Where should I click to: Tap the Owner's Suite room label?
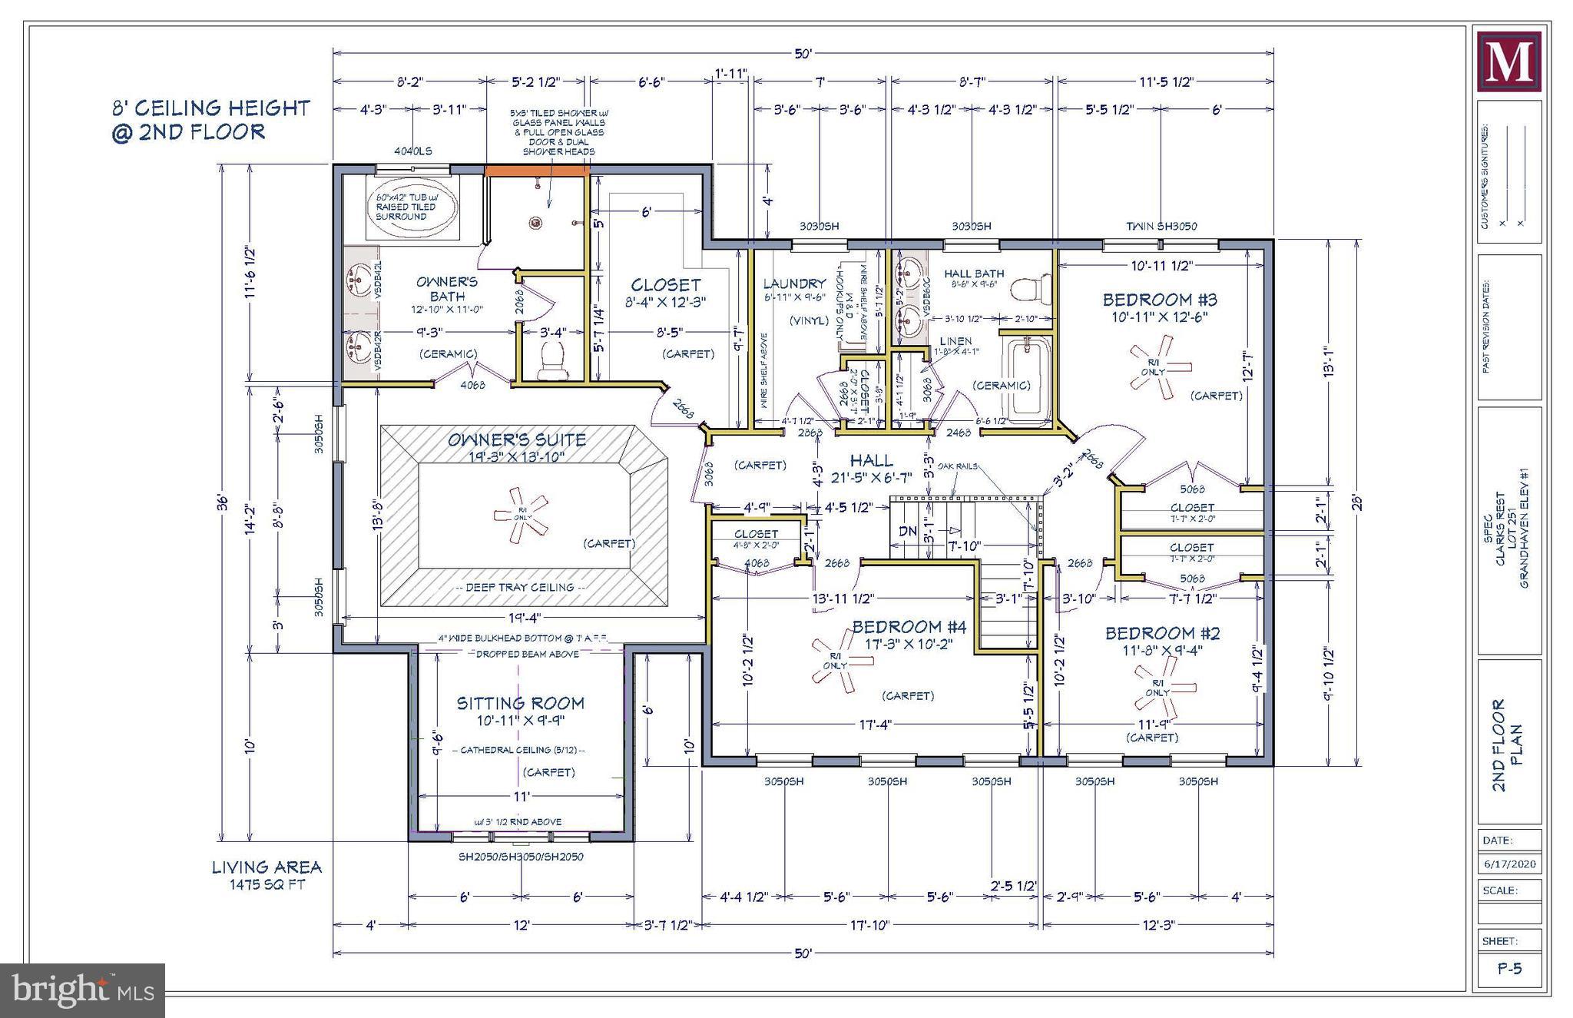point(517,440)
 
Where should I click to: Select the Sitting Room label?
point(520,703)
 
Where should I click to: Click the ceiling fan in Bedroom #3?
point(1152,370)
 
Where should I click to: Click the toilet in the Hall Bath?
point(1028,291)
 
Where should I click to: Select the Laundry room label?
point(794,284)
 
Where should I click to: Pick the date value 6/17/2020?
point(1508,864)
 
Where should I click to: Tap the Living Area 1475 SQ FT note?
point(267,875)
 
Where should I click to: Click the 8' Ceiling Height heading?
point(210,119)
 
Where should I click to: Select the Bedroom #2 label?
point(1162,633)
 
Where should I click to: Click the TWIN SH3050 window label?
point(1161,226)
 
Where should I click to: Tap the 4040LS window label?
point(412,151)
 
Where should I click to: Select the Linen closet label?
point(955,340)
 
